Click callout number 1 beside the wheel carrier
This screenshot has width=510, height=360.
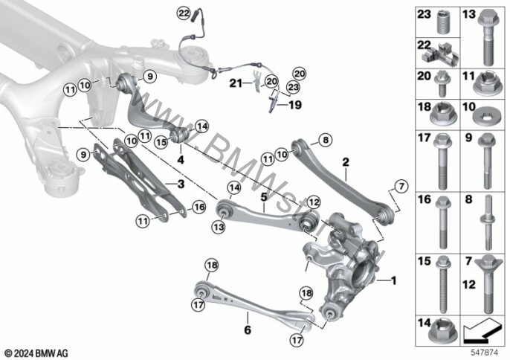coord(394,280)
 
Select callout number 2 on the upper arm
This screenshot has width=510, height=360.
coord(345,161)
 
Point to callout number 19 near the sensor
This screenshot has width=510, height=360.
coord(296,106)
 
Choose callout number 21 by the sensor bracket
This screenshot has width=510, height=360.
coord(233,83)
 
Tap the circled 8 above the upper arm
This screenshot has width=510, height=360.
coord(324,138)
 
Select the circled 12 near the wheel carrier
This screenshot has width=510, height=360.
coord(313,201)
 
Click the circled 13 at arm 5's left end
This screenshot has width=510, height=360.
coord(219,225)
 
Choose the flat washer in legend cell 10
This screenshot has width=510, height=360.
coord(489,118)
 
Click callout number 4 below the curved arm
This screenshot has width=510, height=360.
coord(181,158)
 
